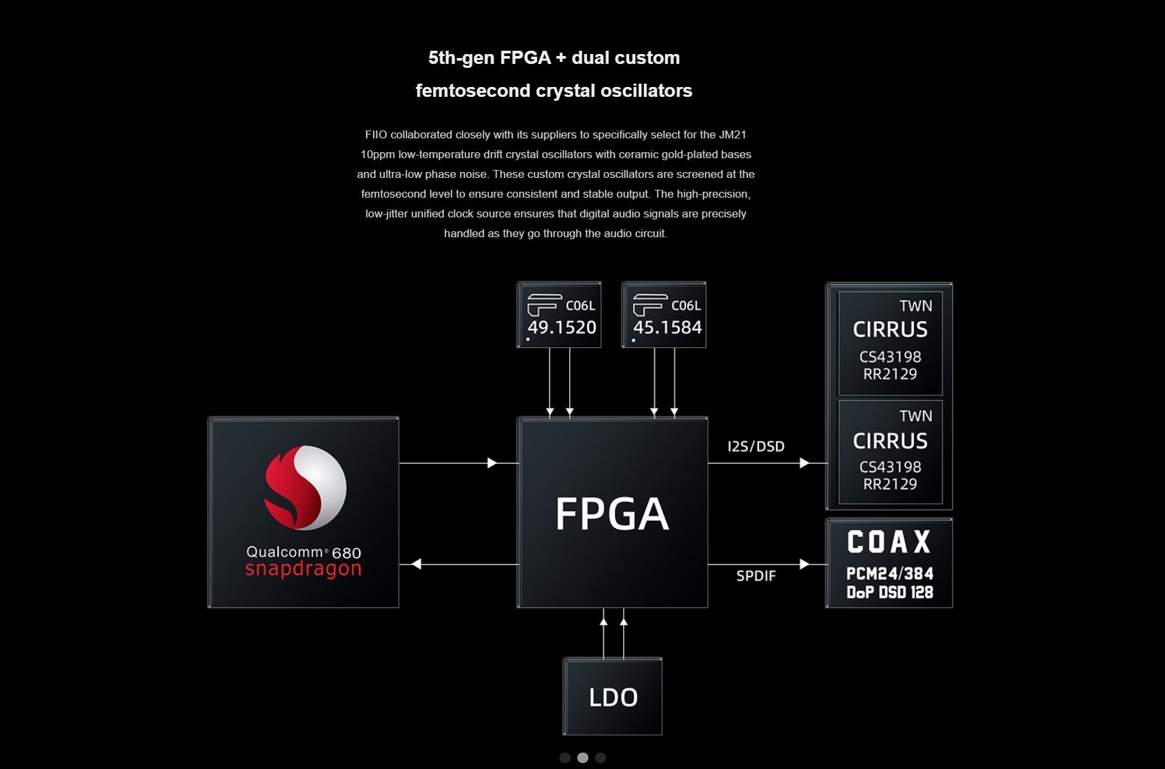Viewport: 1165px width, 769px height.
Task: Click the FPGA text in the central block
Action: pos(612,514)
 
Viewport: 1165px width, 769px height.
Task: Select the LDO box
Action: pos(613,697)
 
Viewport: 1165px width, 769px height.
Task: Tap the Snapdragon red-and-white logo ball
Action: pos(305,488)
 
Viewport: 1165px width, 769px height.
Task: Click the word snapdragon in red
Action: pos(303,569)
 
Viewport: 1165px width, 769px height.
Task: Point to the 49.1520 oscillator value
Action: pos(562,328)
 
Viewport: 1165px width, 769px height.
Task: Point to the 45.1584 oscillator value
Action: pos(668,328)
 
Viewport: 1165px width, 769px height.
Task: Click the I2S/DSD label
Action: pos(756,446)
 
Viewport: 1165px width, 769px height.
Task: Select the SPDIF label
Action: pos(756,576)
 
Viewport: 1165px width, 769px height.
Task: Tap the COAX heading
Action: pos(889,542)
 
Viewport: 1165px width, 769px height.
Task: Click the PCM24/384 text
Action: pos(890,573)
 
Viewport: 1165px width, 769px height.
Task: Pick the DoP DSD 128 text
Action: pos(890,592)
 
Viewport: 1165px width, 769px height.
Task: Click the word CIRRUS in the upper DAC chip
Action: pos(890,329)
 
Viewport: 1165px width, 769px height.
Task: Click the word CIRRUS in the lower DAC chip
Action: pos(890,441)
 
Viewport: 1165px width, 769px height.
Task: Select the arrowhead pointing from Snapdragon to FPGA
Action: pos(492,463)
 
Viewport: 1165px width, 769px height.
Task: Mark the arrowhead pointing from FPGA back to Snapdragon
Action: pos(416,564)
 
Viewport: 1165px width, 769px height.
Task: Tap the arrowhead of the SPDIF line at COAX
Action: pos(804,564)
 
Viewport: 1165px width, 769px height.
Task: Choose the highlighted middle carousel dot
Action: pos(582,758)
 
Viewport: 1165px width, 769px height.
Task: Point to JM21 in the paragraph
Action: pos(732,134)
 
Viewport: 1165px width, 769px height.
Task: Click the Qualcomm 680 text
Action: pos(303,552)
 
